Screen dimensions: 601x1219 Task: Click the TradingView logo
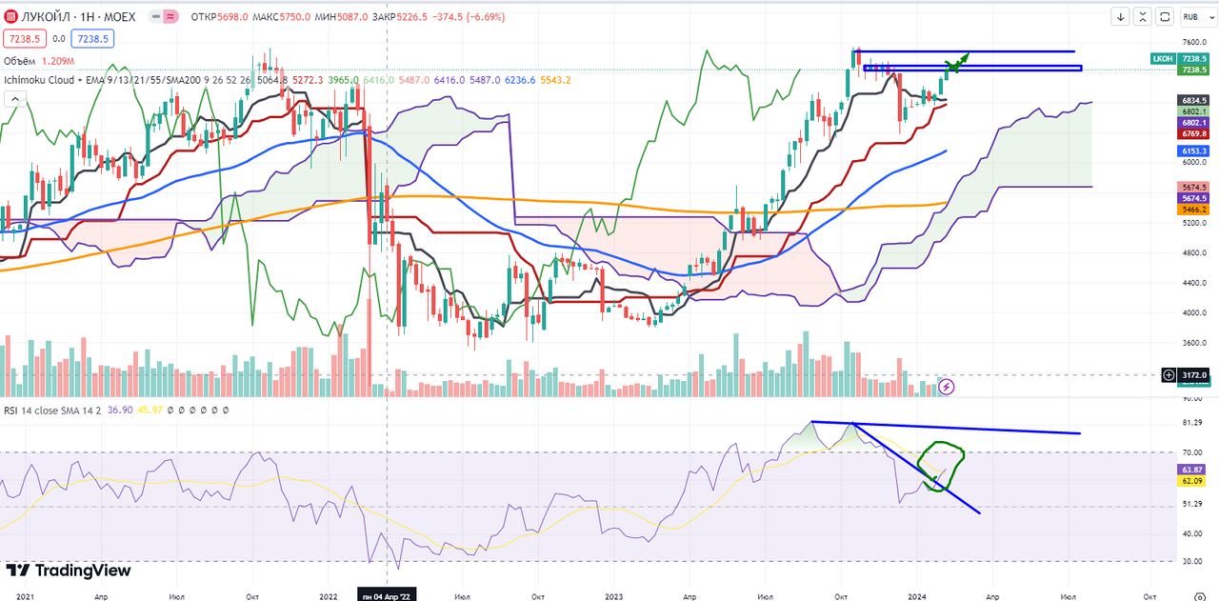click(69, 571)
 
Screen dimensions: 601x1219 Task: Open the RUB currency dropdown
click(1191, 16)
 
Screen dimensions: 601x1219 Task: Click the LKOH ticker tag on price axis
click(1162, 58)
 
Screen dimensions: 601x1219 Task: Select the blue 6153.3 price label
click(1193, 151)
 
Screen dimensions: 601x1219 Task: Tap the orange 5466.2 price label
click(1193, 209)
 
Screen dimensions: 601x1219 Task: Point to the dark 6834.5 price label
click(1193, 100)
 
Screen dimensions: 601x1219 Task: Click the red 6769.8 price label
click(1193, 134)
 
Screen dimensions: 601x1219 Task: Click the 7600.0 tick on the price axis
click(1194, 42)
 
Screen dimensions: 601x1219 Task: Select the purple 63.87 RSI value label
click(1193, 471)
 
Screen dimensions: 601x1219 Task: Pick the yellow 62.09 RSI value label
click(1193, 482)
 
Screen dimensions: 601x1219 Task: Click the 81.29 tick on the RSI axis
click(1192, 422)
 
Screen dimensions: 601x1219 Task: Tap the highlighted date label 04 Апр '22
click(385, 595)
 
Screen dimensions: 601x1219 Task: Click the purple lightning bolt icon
click(947, 386)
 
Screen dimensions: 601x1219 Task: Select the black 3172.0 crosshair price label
click(1194, 375)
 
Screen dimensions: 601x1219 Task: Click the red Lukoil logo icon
click(11, 17)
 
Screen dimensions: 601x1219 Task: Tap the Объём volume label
click(22, 60)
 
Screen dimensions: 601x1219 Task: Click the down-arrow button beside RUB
click(1121, 16)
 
